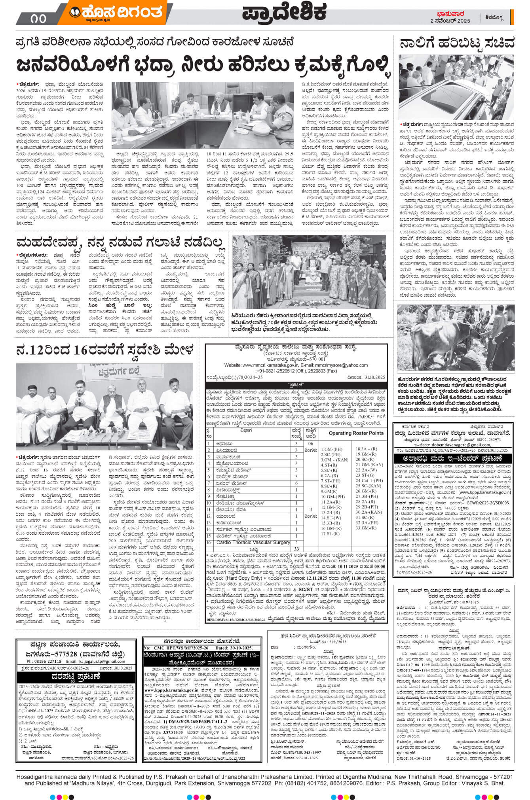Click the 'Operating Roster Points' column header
[x=356, y=433]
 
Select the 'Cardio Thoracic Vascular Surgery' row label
[x=253, y=542]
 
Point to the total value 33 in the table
[x=296, y=549]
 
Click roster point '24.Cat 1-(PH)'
[x=369, y=480]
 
